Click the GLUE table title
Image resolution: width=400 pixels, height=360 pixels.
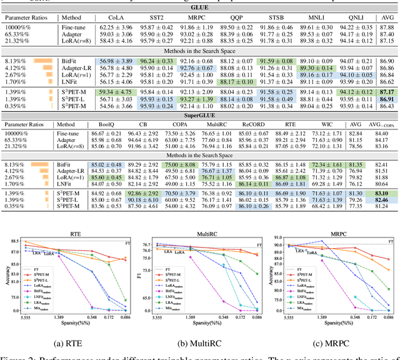(x=199, y=6)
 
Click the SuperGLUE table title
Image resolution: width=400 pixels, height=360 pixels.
(x=199, y=116)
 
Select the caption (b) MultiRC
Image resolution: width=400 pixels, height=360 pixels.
(x=199, y=342)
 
